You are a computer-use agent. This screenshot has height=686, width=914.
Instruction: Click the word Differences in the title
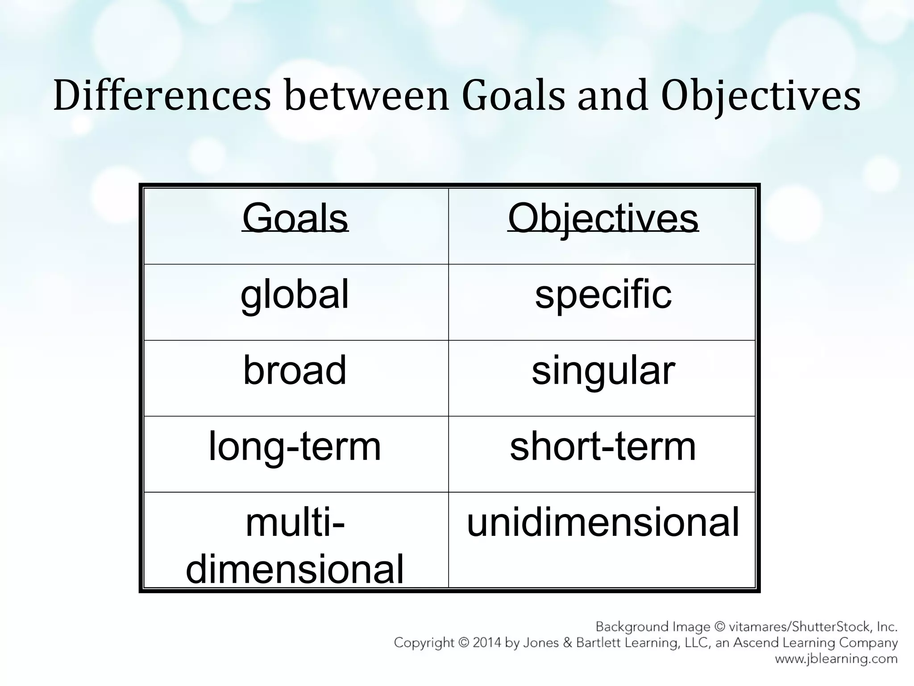[162, 96]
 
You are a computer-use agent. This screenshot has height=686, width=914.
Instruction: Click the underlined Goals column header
[295, 218]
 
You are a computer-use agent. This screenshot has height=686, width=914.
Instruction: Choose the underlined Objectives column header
[603, 218]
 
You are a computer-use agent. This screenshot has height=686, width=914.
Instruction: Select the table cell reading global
[295, 295]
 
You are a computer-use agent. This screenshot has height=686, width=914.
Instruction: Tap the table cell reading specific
[603, 295]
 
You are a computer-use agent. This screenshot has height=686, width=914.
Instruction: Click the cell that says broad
[295, 371]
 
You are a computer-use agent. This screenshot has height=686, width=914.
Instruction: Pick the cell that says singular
[603, 371]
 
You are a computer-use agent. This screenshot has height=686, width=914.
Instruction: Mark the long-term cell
[295, 447]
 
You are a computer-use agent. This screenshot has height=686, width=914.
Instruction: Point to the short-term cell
[603, 447]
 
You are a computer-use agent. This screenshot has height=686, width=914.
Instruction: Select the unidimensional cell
[603, 523]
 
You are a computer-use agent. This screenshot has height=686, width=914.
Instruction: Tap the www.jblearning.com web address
[836, 659]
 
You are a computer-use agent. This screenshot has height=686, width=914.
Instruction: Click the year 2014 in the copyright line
[487, 643]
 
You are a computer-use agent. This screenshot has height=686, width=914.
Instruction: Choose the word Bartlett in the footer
[599, 643]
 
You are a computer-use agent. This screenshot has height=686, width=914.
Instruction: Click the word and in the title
[612, 96]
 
